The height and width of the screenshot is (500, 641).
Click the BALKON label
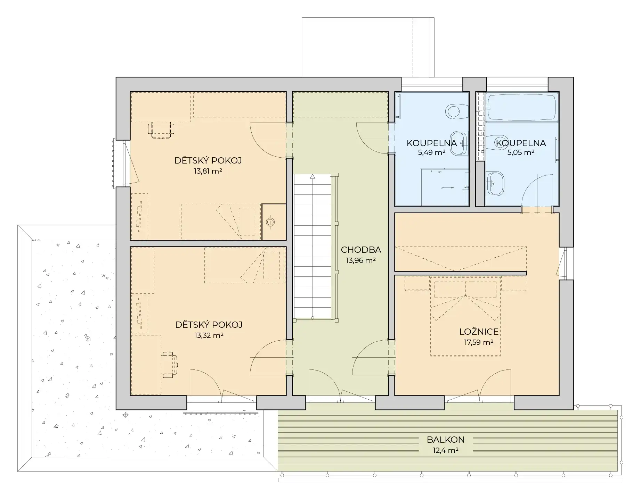pos(446,440)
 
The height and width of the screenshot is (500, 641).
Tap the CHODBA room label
pos(361,250)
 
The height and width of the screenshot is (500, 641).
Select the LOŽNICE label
pos(479,331)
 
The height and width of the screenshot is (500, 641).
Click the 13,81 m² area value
pos(208,171)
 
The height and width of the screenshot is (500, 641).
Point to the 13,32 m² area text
pos(209,335)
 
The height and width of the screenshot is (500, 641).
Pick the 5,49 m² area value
pos(431,152)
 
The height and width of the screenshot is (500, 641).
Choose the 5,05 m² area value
pos(520,152)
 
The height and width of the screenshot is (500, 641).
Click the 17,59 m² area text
pos(479,342)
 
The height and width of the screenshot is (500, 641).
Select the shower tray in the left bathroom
pos(445,187)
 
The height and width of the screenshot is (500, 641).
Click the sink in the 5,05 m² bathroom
pos(495,183)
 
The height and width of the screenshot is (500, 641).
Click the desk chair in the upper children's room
pos(161,130)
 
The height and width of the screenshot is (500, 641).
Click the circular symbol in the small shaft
pos(270,222)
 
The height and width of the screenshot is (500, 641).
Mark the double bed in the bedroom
pos(465,316)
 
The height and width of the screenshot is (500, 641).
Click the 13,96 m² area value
pos(361,260)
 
